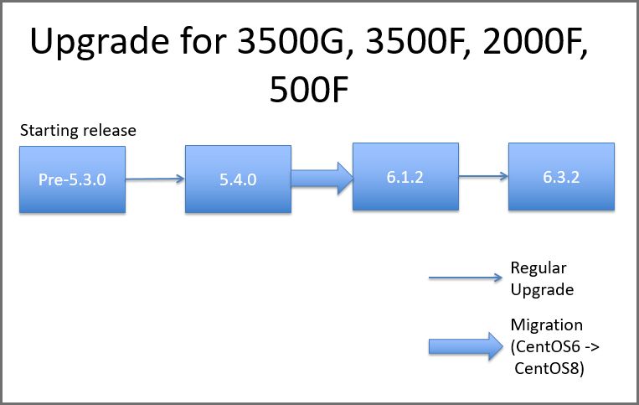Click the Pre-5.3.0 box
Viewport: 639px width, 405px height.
73,179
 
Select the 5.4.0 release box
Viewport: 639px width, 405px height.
239,179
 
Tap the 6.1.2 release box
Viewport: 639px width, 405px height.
405,177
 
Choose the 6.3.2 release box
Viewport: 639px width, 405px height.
562,177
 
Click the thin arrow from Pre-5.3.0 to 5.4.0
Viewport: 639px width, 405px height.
155,179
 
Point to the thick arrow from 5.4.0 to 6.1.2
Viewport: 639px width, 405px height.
322,179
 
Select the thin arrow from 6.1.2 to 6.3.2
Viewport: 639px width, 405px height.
484,176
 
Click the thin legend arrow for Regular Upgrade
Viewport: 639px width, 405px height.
466,278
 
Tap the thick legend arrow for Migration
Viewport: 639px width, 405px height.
466,346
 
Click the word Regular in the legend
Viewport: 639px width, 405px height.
539,268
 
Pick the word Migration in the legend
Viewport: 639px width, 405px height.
547,325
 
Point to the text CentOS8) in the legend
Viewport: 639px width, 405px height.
549,368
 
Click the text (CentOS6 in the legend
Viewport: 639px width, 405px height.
545,346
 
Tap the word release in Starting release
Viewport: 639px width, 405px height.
107,131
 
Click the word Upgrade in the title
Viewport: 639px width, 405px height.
100,43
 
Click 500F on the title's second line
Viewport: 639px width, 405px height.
309,90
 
